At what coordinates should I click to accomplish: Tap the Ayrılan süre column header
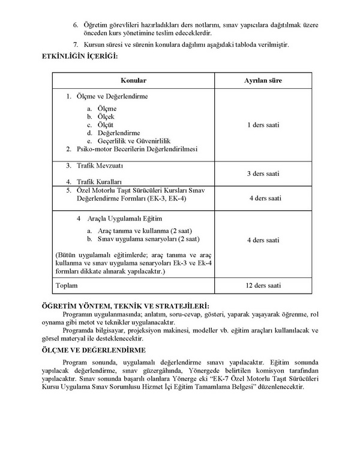263,80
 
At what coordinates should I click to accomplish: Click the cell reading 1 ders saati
263,125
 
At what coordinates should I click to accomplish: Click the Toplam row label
67,285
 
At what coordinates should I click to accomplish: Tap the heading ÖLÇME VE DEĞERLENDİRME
103,349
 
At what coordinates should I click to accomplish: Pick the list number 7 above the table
75,46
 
